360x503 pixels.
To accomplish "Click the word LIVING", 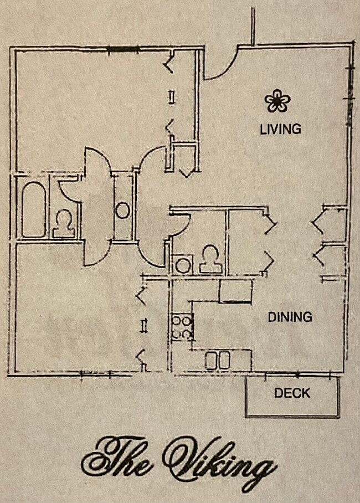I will (280, 129).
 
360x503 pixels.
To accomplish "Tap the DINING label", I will (290, 317).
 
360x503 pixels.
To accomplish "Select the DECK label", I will (292, 393).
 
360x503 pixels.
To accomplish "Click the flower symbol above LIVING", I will (277, 101).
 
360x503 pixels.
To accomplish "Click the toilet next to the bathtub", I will (64, 223).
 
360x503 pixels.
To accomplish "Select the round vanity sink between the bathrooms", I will (123, 210).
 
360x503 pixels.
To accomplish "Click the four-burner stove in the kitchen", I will (181, 327).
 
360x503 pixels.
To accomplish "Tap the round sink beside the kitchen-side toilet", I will (182, 265).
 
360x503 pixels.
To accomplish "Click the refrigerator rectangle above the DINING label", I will (235, 291).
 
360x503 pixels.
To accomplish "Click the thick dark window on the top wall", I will (123, 49).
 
